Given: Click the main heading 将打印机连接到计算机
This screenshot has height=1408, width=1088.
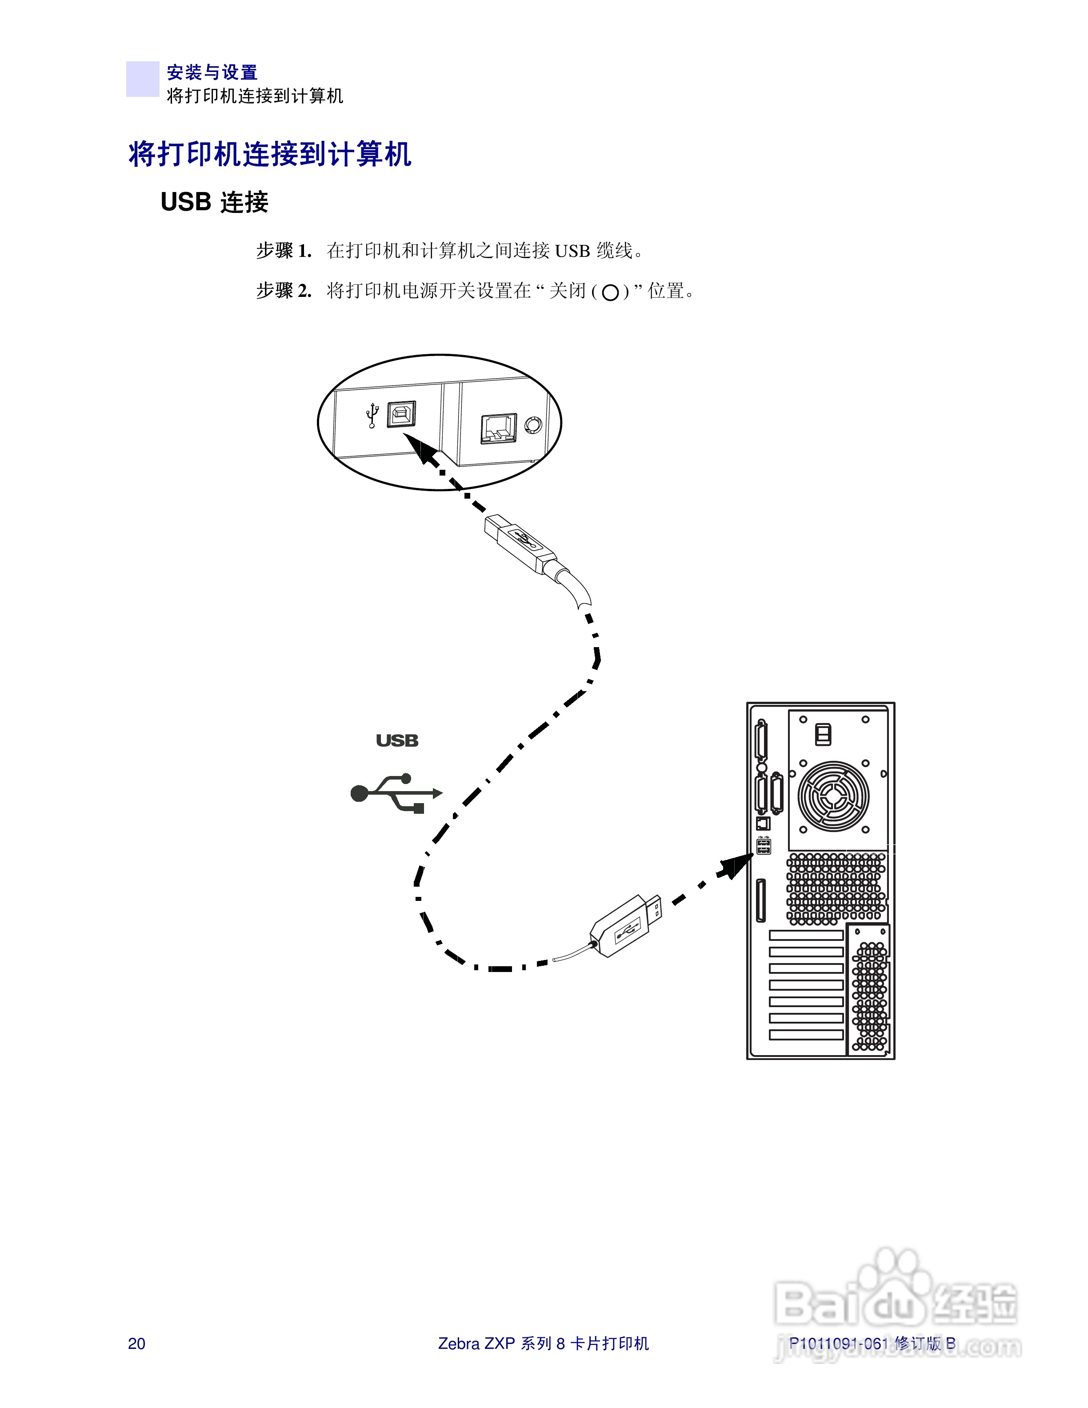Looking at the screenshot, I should tap(269, 155).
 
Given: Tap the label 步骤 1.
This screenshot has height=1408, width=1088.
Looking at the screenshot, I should tap(284, 250).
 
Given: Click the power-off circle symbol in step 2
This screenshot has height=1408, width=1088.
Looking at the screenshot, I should tap(610, 293).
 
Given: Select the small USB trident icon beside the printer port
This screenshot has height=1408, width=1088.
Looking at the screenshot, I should tap(372, 416).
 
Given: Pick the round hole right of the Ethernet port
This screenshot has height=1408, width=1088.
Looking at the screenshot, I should tap(533, 425).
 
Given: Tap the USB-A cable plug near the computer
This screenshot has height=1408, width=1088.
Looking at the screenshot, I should tap(625, 926).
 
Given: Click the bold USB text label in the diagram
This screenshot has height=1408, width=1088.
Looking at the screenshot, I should tap(397, 741).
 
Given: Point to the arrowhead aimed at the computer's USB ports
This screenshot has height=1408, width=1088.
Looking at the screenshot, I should tap(736, 866).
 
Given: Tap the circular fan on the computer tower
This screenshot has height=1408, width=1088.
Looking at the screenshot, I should tap(833, 796).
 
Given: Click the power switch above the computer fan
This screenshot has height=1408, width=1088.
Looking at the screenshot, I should tap(823, 734).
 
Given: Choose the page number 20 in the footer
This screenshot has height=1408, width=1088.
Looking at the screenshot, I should tap(136, 1344).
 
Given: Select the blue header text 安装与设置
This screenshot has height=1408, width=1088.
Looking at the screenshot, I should tap(212, 72).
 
